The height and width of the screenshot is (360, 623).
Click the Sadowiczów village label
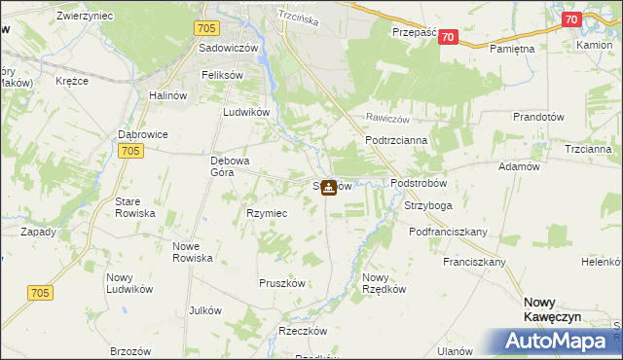(227, 47)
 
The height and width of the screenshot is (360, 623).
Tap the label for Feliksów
(221, 74)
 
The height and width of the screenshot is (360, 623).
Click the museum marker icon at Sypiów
(330, 187)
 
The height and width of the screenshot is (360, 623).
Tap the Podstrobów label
(418, 183)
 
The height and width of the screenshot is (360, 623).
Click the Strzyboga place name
(425, 205)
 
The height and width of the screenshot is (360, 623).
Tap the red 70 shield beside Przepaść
(448, 36)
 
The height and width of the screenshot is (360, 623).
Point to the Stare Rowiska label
(135, 206)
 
